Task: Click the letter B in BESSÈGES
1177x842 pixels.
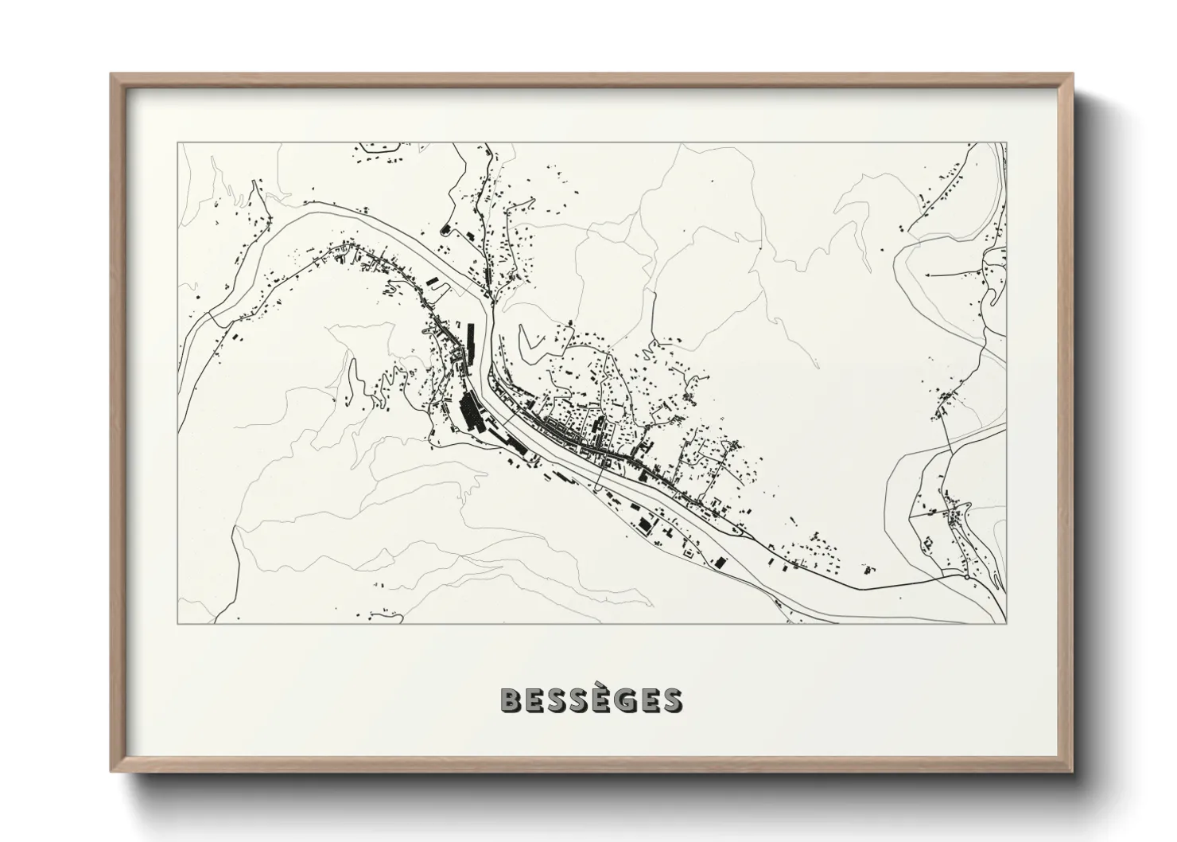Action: tap(511, 700)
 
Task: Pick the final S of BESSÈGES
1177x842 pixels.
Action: tap(670, 700)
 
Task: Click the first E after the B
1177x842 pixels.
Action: tap(534, 700)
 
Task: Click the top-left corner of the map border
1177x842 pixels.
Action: tap(177, 143)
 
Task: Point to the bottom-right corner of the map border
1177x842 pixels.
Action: tap(1006, 623)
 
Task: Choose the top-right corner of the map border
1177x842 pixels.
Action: tap(1006, 143)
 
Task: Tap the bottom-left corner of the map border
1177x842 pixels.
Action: tap(177, 623)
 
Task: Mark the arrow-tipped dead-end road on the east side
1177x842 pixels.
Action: tap(927, 274)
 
